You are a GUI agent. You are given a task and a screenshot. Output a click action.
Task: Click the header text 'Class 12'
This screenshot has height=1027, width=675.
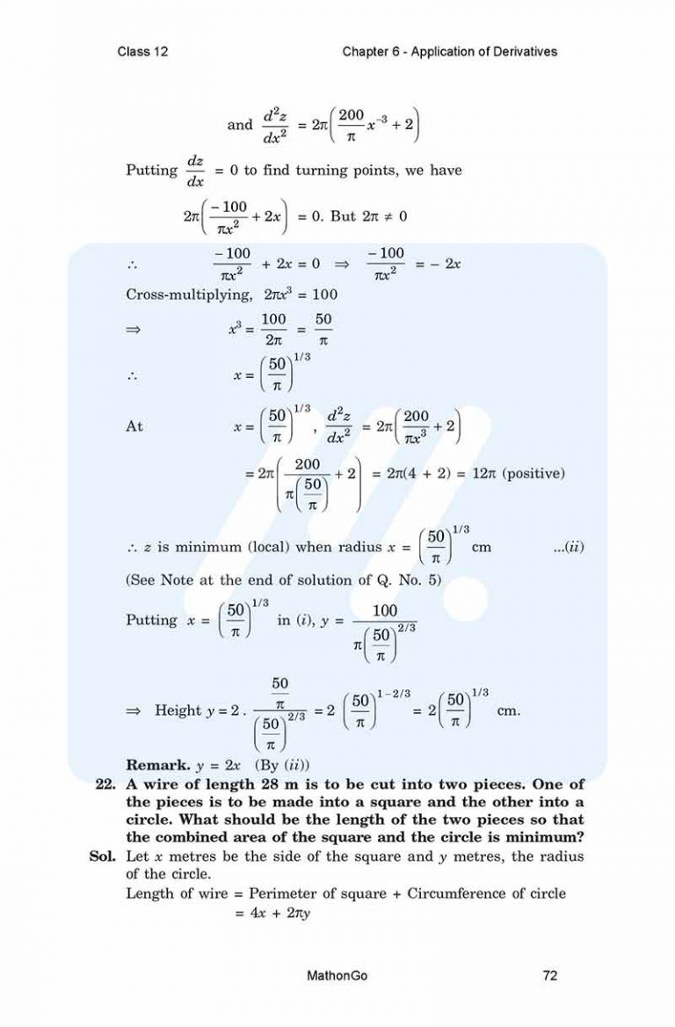coord(142,52)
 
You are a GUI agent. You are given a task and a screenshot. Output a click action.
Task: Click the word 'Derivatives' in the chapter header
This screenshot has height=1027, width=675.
coord(522,52)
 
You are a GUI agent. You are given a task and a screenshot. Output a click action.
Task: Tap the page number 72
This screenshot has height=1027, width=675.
coord(551,975)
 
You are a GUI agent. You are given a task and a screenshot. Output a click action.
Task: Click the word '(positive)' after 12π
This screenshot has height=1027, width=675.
coord(530,473)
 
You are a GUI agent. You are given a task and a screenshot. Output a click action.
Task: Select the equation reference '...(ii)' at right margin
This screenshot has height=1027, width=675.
coord(569,547)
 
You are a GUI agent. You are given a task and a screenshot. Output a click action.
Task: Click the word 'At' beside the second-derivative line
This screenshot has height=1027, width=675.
coord(135,426)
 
